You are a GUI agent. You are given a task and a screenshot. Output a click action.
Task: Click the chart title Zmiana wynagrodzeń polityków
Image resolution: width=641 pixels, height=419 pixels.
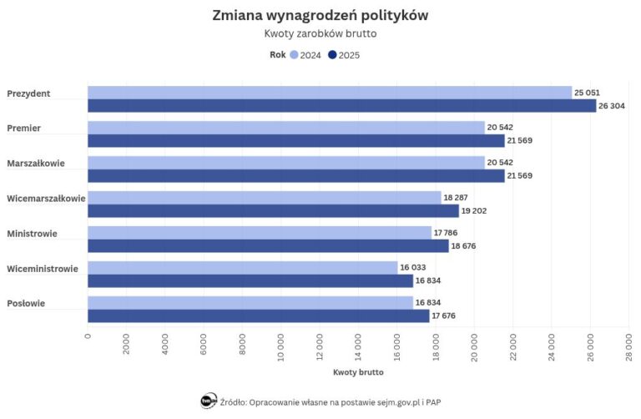pos(320,16)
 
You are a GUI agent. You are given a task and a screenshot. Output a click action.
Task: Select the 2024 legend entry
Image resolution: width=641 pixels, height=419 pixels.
pos(305,55)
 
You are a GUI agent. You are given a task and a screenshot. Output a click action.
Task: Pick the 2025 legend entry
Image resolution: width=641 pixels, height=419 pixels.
pos(344,55)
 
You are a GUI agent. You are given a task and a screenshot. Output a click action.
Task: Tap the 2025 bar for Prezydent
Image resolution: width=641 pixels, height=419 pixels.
pos(342,106)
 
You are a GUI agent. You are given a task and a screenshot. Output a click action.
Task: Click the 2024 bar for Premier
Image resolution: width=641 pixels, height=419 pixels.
pos(285,127)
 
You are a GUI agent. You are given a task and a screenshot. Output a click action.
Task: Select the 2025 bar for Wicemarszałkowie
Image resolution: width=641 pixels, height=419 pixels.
pos(273,211)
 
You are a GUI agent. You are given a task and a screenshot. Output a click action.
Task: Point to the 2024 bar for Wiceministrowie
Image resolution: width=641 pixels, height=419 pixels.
pos(242,267)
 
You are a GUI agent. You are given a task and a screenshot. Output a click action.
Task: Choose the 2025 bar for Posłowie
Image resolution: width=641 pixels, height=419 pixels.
pos(258,316)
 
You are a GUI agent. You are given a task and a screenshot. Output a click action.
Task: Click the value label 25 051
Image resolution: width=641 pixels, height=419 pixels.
pos(587,93)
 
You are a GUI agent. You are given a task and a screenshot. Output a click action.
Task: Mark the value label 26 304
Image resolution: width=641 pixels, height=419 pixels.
pos(611,106)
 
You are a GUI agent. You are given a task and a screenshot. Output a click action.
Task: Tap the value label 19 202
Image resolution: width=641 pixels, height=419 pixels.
pos(474,211)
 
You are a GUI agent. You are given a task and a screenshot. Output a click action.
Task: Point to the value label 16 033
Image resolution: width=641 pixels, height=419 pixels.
pos(413,267)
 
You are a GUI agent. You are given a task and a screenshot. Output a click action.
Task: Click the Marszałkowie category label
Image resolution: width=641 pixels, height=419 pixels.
pos(35,163)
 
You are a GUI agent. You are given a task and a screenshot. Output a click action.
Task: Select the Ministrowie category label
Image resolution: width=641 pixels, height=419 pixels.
pos(32,234)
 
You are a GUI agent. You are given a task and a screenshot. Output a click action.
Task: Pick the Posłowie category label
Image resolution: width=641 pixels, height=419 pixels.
pos(26,304)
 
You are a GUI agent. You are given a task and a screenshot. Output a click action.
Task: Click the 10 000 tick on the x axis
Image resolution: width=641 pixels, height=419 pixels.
pos(280,345)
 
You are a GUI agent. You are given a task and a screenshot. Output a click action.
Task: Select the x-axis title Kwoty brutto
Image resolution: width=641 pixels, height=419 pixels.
pos(357,371)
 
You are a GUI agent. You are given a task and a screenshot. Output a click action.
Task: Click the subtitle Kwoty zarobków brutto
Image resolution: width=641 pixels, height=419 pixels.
pos(320,34)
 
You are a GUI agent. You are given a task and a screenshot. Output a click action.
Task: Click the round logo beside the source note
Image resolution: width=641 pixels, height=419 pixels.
pos(209,401)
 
